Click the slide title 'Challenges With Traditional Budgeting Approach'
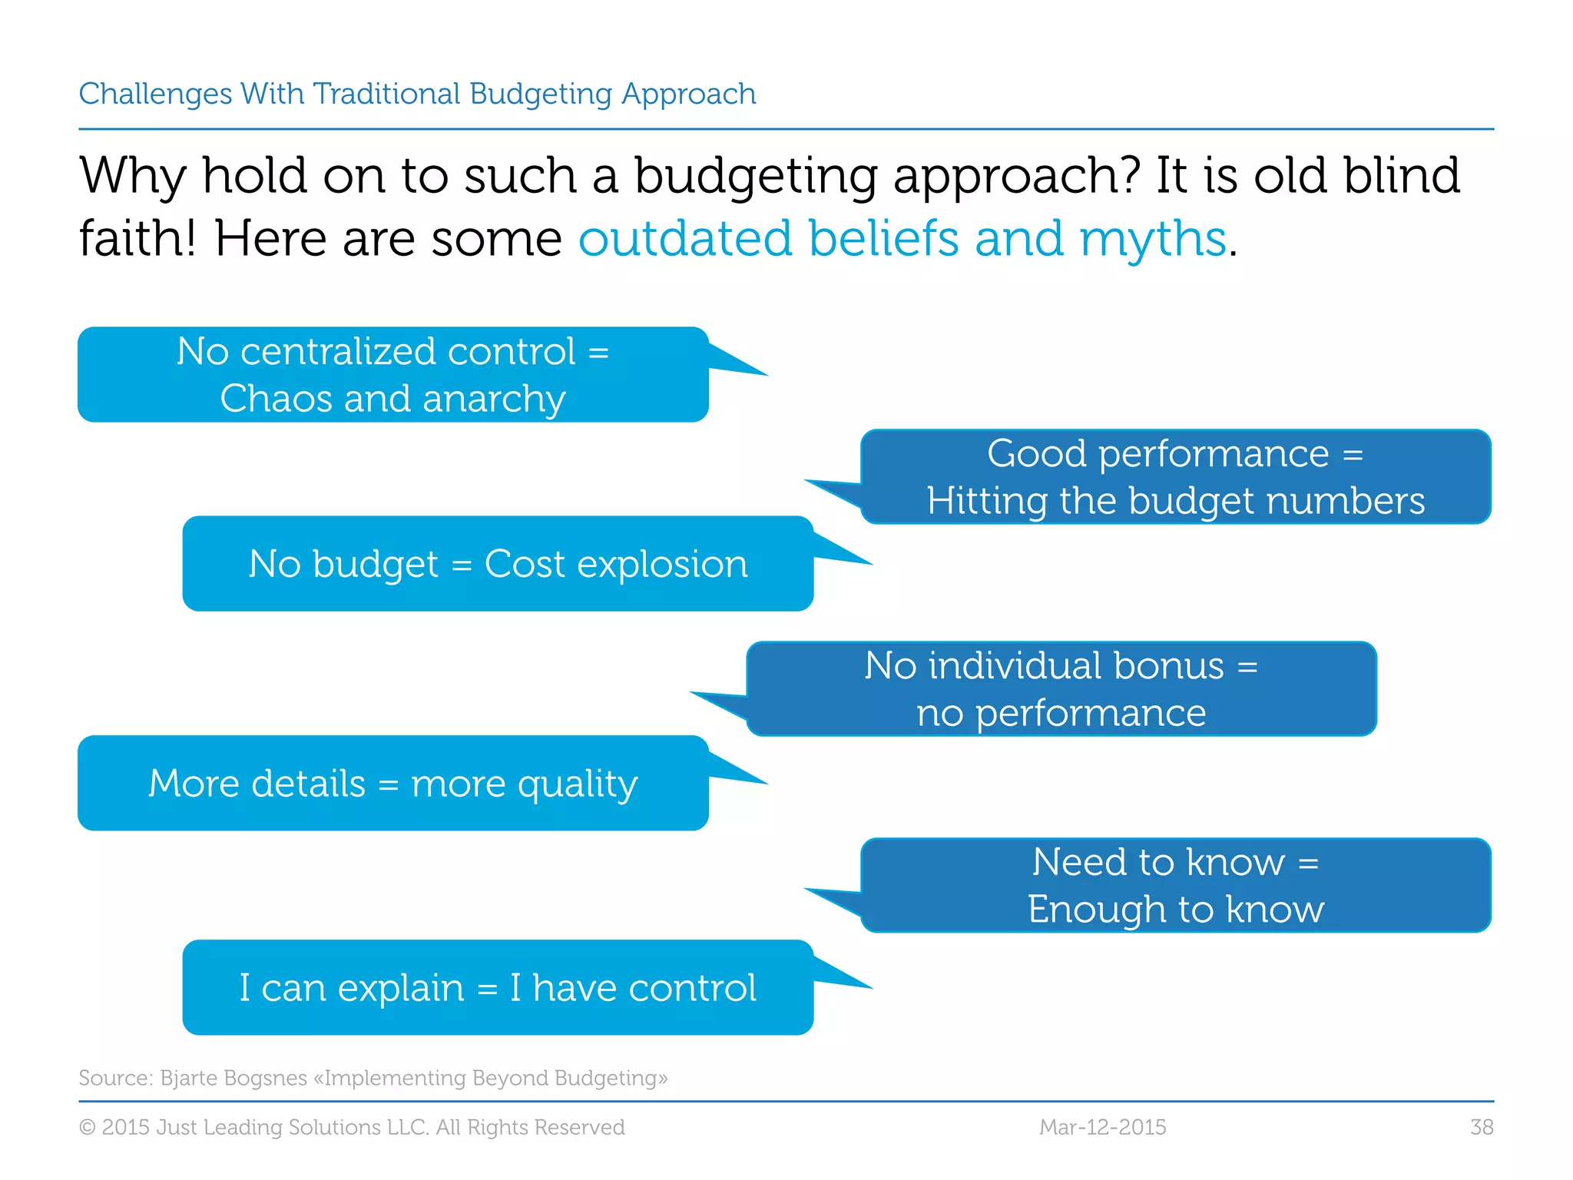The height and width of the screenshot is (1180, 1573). [x=417, y=94]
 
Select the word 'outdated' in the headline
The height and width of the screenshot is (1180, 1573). [x=684, y=238]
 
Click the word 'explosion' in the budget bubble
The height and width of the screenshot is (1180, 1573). [x=662, y=564]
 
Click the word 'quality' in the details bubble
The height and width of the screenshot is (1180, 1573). [x=578, y=784]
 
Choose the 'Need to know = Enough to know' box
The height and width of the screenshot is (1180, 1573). [x=1175, y=885]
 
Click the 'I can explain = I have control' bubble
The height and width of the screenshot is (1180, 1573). [x=498, y=987]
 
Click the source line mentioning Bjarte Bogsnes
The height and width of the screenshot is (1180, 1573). [x=373, y=1078]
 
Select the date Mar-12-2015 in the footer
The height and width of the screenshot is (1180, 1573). [x=1102, y=1127]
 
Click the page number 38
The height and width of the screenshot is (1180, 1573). [x=1481, y=1127]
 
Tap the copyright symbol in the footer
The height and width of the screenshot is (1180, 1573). [x=88, y=1127]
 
